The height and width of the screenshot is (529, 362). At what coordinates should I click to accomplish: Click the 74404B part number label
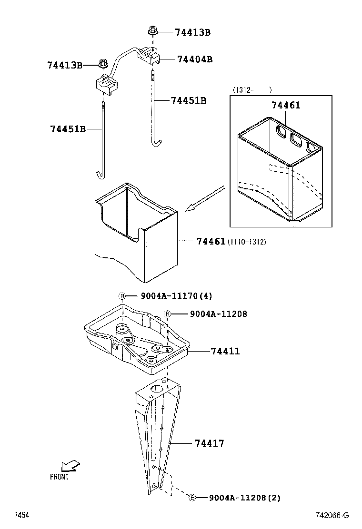194,59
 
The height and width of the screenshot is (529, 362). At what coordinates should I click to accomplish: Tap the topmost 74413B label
192,32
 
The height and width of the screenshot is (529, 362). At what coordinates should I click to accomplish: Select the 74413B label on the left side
65,65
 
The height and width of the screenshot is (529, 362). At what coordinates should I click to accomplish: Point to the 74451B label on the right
189,100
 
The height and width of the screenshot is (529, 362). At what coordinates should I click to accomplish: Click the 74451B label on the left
68,129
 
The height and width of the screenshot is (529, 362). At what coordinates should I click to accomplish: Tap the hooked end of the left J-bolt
100,175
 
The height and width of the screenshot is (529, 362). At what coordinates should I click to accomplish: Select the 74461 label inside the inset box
286,105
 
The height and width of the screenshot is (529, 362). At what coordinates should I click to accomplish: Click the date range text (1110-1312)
247,242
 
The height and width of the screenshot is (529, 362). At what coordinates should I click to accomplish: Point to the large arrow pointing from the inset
205,198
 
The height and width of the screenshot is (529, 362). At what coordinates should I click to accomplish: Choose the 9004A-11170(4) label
176,296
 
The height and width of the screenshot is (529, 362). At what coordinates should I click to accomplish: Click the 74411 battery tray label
225,351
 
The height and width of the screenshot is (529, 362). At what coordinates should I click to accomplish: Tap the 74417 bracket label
209,443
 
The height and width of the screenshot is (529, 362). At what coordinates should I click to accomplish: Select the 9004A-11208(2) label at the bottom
244,498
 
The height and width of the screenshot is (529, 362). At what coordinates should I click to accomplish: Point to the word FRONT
59,477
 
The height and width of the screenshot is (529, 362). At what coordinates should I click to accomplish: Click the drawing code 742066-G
332,515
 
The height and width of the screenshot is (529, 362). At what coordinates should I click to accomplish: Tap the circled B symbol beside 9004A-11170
122,296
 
